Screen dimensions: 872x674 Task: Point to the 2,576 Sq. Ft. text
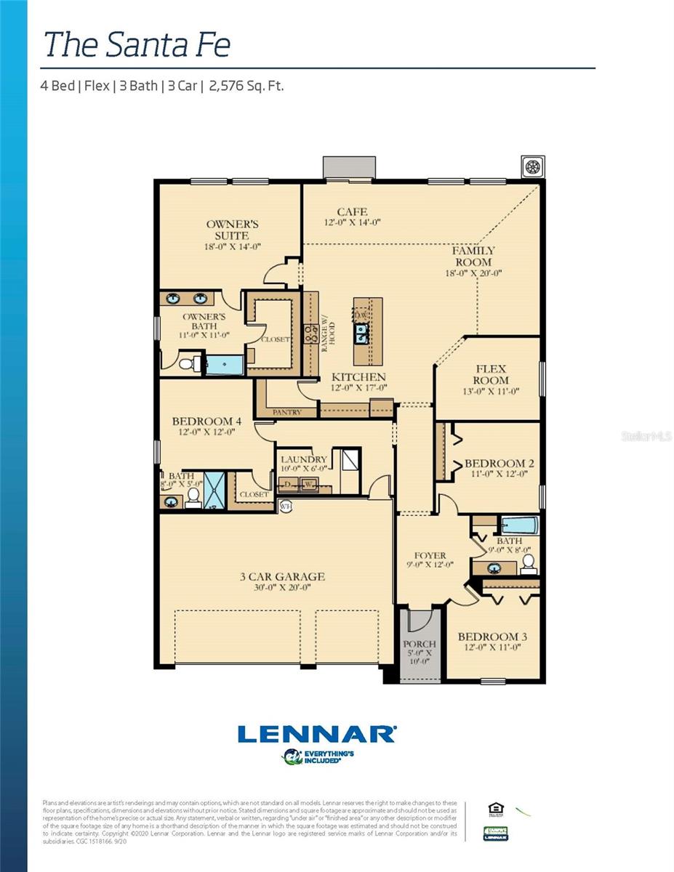point(246,86)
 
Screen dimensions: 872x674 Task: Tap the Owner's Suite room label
point(232,230)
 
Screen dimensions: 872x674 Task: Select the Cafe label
point(352,211)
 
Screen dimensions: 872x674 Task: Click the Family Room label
point(473,256)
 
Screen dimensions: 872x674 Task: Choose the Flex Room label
point(491,374)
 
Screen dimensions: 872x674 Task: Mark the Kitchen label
point(358,377)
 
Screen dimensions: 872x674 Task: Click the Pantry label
point(286,412)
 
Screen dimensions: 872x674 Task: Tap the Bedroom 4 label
point(206,421)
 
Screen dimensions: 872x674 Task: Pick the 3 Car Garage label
point(282,577)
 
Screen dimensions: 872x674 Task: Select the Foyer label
point(430,555)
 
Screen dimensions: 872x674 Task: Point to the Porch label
point(420,644)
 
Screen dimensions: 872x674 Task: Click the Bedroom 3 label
point(492,637)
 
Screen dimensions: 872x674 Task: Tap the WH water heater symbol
point(286,506)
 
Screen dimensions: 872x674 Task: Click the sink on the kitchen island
point(361,334)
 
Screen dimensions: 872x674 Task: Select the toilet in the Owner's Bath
point(187,363)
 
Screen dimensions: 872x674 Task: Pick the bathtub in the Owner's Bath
point(225,364)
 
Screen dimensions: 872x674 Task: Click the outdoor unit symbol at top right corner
point(533,166)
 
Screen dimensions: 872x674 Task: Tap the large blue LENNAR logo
point(316,734)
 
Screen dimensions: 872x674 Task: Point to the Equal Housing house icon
point(495,809)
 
